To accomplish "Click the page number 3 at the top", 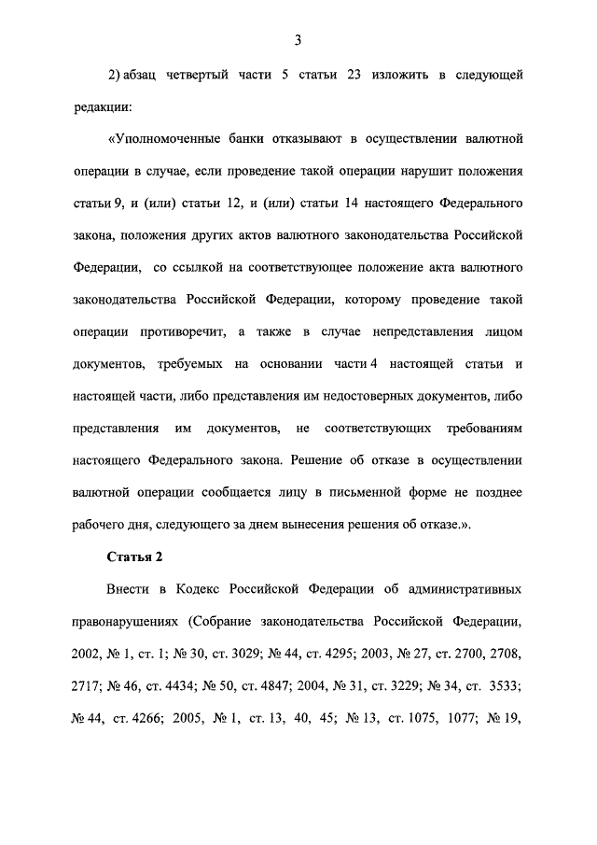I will pos(297,39).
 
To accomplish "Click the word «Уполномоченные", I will pos(164,140).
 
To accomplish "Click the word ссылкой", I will pos(206,268).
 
